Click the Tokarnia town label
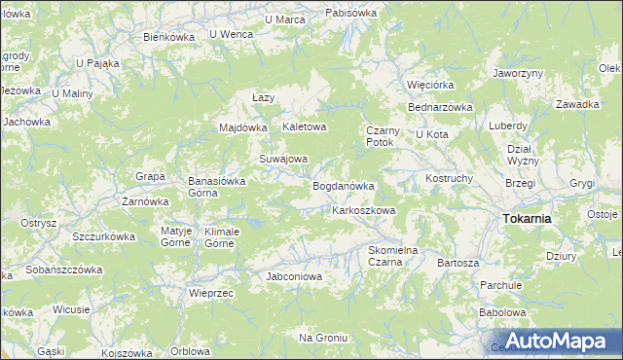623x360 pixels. tap(527, 219)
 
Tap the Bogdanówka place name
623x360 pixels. tap(343, 185)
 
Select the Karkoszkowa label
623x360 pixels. tap(363, 210)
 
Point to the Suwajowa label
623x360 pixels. tap(282, 159)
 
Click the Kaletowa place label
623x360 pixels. tap(304, 127)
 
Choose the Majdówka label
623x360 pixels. tap(242, 127)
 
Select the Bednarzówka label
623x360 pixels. tap(440, 107)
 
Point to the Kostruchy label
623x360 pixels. tap(449, 179)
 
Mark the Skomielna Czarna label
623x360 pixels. tap(392, 255)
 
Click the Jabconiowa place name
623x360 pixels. tap(294, 276)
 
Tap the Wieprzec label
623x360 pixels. tap(211, 293)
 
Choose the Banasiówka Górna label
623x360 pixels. tap(215, 186)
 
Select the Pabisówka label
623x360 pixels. tap(350, 13)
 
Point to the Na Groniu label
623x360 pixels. tap(323, 337)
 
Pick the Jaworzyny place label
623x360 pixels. tap(517, 73)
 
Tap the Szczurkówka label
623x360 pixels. tap(103, 236)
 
